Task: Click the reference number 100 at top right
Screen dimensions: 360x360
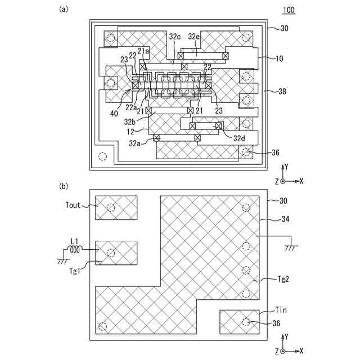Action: click(x=289, y=11)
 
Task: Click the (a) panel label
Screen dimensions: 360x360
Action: click(x=64, y=9)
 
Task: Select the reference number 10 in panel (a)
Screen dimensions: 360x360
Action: click(x=280, y=58)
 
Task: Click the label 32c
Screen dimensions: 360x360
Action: click(x=175, y=37)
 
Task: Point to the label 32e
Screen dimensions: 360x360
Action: click(x=194, y=37)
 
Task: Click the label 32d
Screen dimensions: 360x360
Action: click(x=240, y=138)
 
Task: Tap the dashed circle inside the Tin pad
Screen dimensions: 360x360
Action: click(x=246, y=322)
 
